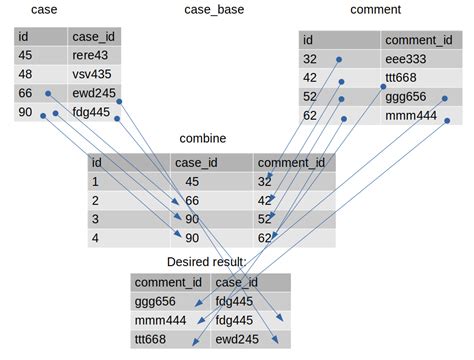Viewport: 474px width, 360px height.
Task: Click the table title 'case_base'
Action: pos(214,10)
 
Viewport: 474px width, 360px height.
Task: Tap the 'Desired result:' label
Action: pos(207,262)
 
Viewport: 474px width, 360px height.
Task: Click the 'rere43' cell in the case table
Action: pos(91,55)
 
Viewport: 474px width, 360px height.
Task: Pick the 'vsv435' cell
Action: pos(91,74)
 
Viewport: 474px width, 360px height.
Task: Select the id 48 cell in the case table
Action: pos(26,74)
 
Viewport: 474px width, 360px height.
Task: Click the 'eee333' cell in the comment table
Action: pos(407,59)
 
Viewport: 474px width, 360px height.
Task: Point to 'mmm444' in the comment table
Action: pos(411,116)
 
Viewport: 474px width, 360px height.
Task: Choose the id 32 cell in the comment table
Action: pos(312,59)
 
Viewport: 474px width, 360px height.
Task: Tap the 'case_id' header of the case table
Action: pos(94,36)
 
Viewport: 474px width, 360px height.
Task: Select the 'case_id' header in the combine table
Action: pos(197,162)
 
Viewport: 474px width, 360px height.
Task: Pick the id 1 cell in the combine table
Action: pos(97,181)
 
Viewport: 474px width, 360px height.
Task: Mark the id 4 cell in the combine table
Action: pos(97,238)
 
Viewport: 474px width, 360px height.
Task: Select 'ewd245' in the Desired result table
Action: pos(237,339)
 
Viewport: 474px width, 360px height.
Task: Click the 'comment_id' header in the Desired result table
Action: pos(168,282)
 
